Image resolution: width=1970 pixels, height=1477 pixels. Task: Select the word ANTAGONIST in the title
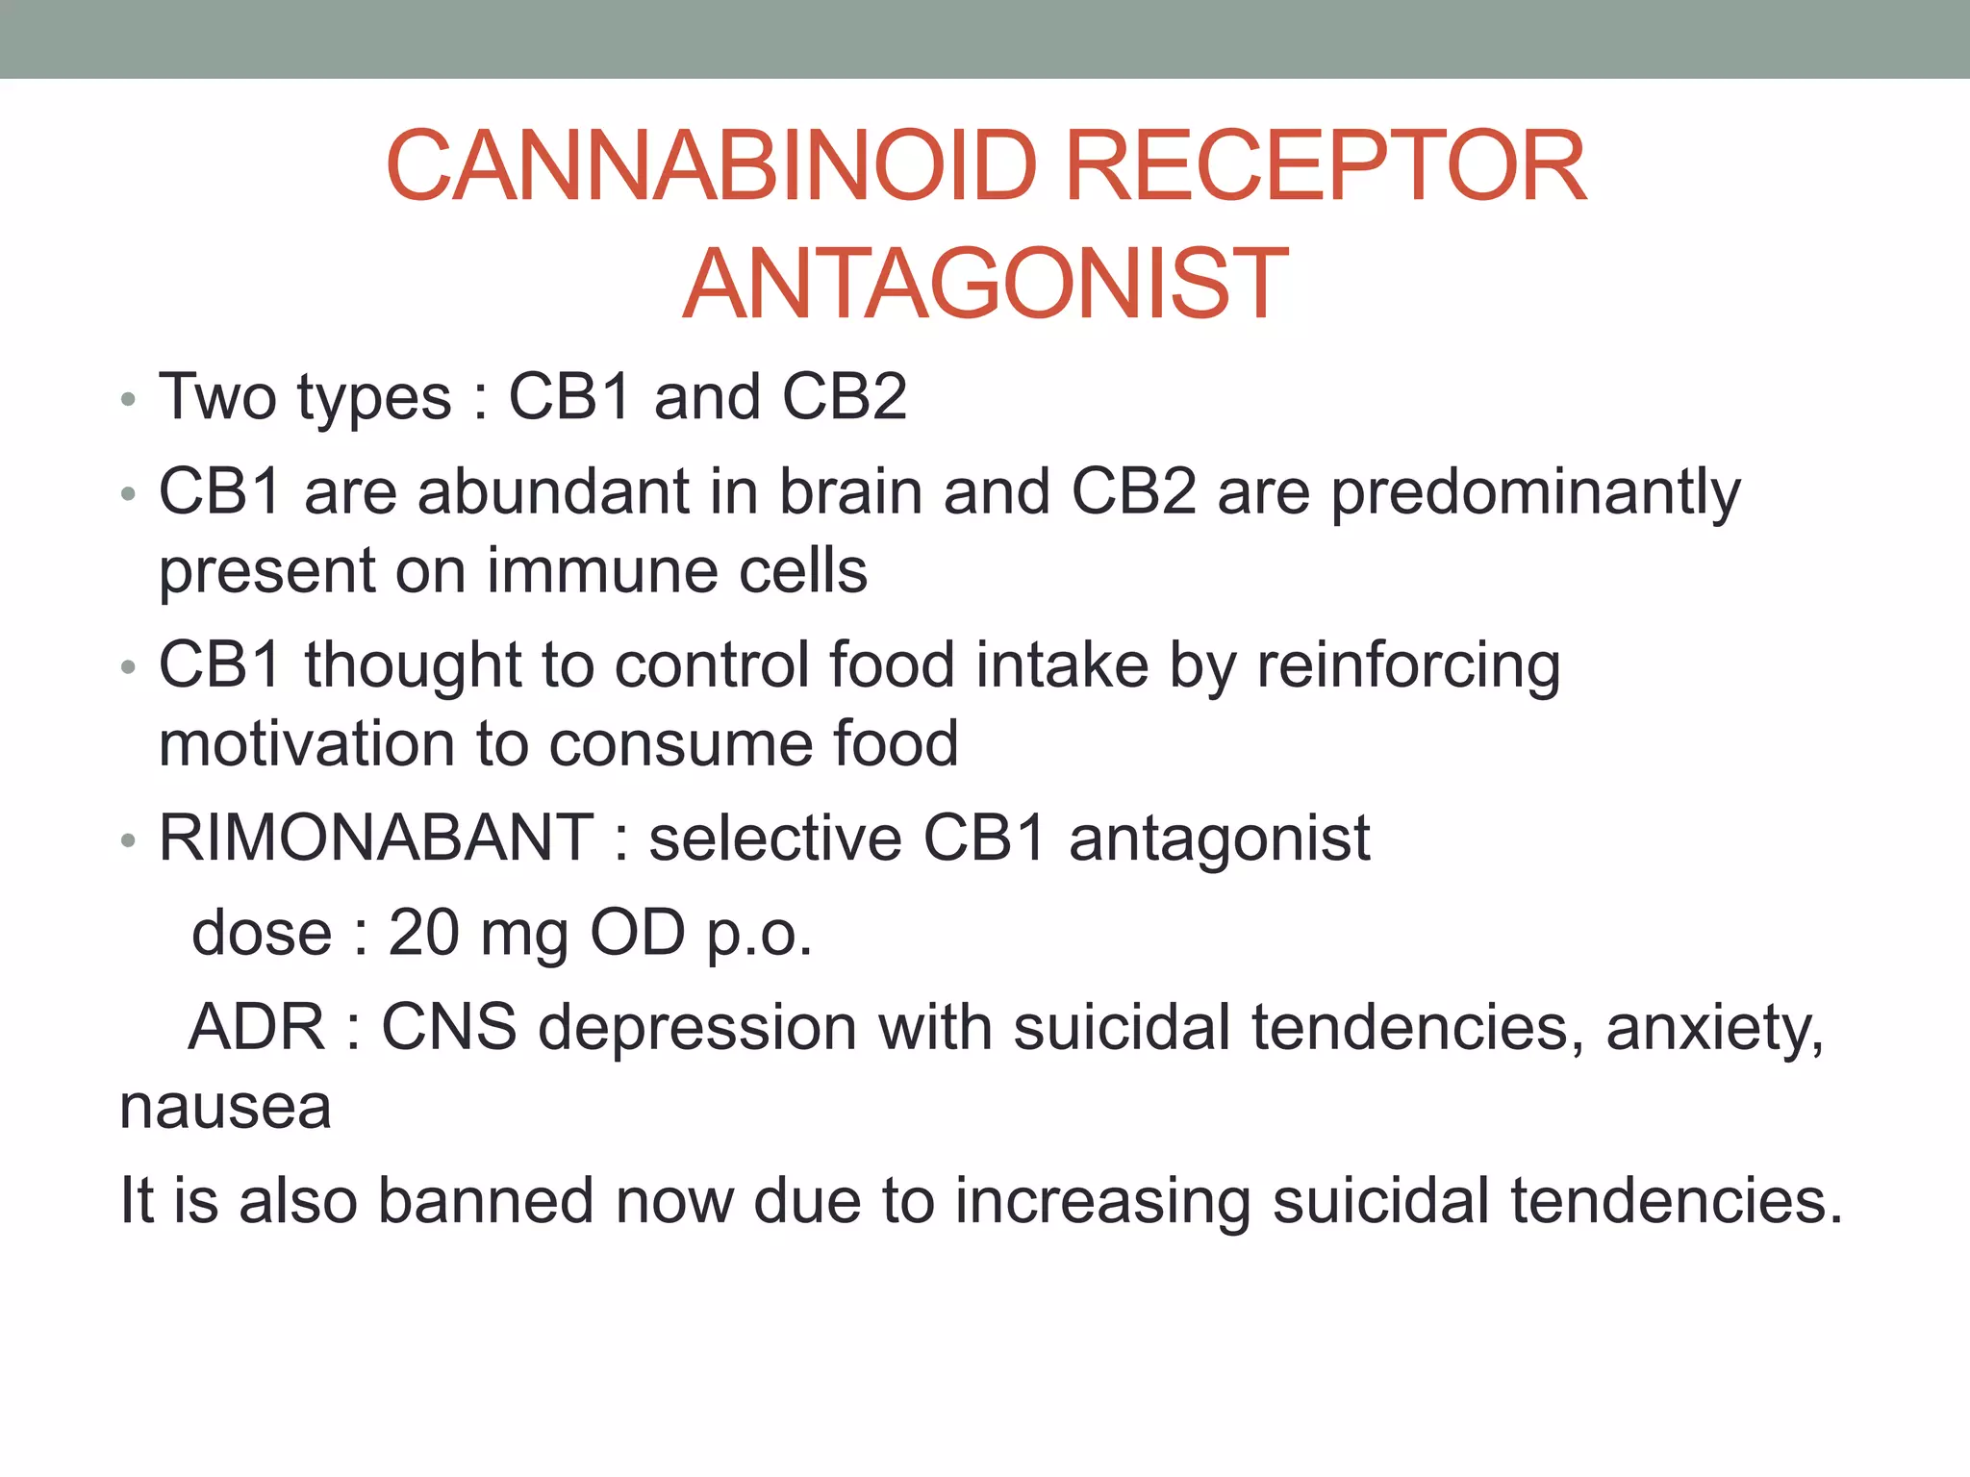click(x=985, y=284)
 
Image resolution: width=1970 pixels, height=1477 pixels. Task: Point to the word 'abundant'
click(x=553, y=491)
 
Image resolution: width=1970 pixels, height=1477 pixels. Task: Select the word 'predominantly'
click(x=1535, y=493)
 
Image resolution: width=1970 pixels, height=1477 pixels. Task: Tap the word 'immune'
click(x=602, y=570)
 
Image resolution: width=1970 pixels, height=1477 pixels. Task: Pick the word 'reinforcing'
click(x=1408, y=665)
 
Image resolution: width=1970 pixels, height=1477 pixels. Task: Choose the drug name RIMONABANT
click(x=376, y=838)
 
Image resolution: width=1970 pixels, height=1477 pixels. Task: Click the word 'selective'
click(x=775, y=838)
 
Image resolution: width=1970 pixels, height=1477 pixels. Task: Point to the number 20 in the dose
click(x=423, y=933)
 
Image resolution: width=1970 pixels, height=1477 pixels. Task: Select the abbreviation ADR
click(x=257, y=1027)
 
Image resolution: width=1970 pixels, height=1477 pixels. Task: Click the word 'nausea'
click(x=225, y=1107)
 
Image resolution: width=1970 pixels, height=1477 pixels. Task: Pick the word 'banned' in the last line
click(x=485, y=1201)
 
